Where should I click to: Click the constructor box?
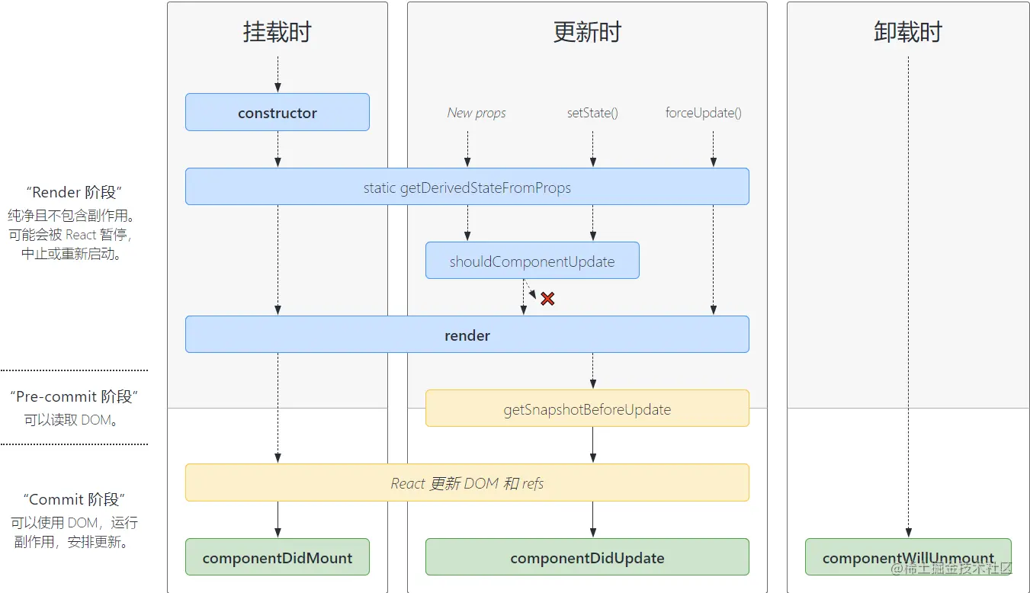278,113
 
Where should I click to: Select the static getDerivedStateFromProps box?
467,188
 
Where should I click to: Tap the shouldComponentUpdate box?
532,261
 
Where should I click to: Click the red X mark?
547,299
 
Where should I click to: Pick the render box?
467,335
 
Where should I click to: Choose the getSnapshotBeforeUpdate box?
587,409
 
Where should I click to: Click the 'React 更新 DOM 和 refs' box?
467,483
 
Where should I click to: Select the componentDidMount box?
278,558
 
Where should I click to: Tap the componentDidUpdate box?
587,558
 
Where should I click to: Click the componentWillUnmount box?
907,558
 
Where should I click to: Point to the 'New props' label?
476,113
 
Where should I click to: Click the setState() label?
592,113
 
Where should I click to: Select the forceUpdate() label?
703,113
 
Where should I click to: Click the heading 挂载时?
278,33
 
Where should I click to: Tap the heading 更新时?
587,33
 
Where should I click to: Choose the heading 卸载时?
907,33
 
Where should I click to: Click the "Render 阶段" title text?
73,193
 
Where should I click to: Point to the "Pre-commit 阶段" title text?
73,396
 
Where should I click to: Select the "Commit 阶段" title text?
73,500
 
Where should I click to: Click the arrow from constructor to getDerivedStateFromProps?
278,149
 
